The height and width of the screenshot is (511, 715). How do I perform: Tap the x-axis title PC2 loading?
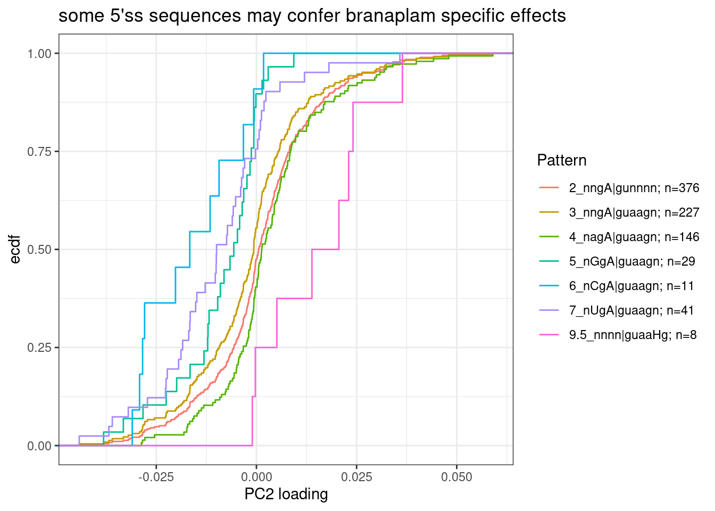coord(286,494)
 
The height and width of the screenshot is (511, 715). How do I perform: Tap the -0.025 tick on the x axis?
coord(156,477)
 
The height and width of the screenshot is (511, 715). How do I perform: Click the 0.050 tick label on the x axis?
coord(456,477)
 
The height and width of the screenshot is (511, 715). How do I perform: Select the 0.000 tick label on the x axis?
coord(256,477)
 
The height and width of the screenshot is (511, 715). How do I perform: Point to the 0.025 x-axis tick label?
coord(356,477)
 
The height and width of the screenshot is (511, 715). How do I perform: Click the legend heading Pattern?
coord(562,160)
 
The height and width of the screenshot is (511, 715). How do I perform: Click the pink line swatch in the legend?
coord(549,335)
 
